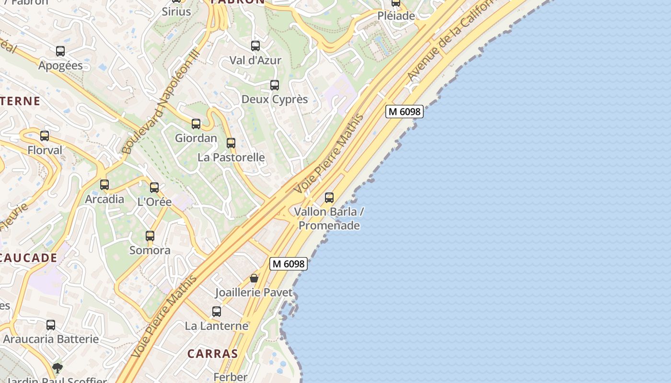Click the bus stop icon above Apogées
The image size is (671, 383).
[x=60, y=51]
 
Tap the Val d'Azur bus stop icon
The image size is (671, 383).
[x=255, y=46]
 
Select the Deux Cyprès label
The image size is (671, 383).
[x=275, y=99]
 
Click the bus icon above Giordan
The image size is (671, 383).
[x=196, y=124]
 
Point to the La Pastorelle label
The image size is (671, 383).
[x=231, y=157]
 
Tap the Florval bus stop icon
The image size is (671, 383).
[x=45, y=136]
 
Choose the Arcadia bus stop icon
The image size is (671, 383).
[x=104, y=185]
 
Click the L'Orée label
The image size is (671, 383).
[x=154, y=202]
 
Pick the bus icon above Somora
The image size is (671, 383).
[x=150, y=236]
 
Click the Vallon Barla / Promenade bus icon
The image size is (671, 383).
[x=329, y=197]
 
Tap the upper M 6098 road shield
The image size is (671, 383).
[x=405, y=112]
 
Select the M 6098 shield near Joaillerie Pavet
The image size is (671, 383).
[x=288, y=264]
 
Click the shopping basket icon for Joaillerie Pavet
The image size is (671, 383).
[x=254, y=278]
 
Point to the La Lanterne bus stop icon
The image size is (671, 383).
[x=217, y=312]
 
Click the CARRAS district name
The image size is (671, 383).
[x=212, y=354]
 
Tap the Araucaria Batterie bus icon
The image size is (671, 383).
[x=51, y=325]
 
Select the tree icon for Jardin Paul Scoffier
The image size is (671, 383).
[x=58, y=368]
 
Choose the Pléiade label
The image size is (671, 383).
[x=396, y=16]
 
